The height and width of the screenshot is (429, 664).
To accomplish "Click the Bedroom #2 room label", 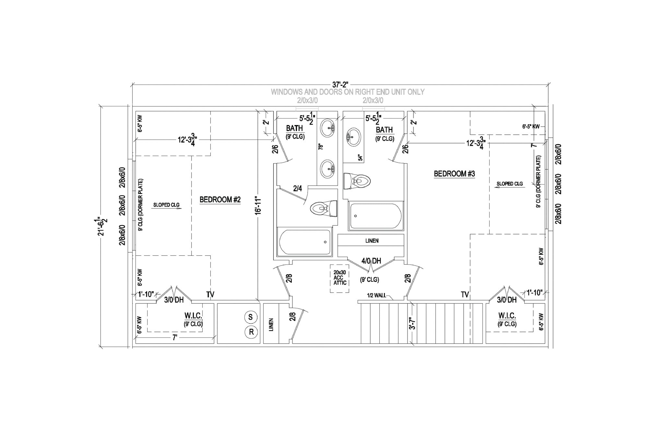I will (x=220, y=200).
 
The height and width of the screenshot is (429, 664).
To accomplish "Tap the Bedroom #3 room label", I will (x=454, y=174).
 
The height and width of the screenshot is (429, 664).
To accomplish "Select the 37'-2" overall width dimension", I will (x=340, y=85).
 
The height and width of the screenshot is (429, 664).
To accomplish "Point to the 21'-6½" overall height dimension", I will (x=103, y=227).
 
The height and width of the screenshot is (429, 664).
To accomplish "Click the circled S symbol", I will (x=251, y=317).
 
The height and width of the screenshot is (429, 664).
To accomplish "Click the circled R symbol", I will (x=251, y=332).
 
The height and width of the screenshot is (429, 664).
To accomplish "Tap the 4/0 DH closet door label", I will (x=371, y=261).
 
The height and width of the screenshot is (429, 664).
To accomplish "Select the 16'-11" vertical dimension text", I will (x=258, y=205).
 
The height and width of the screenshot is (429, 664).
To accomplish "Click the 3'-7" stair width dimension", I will (x=412, y=323).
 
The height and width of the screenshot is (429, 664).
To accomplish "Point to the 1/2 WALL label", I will (x=376, y=295).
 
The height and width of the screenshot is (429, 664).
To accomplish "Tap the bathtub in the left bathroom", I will (x=305, y=242).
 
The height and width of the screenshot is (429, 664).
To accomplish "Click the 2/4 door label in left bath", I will (x=297, y=188).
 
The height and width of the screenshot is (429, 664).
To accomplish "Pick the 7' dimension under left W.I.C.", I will (x=175, y=338).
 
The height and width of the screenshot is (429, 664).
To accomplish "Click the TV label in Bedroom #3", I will (x=465, y=295).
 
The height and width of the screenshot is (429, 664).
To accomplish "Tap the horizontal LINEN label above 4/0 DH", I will (x=372, y=241).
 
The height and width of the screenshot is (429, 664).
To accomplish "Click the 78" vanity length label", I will (x=321, y=147).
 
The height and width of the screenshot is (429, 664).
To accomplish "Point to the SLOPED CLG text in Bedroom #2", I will (x=166, y=205).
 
